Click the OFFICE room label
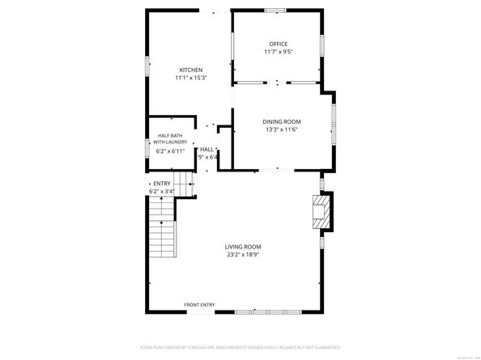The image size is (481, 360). pyautogui.click(x=278, y=44)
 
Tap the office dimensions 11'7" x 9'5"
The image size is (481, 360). pyautogui.click(x=278, y=52)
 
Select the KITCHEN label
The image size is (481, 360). pyautogui.click(x=191, y=70)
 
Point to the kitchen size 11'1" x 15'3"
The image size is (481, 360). pyautogui.click(x=191, y=78)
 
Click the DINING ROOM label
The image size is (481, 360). pyautogui.click(x=281, y=121)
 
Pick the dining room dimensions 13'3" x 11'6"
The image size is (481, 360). pyautogui.click(x=281, y=129)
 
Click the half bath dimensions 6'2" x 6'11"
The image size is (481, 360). pyautogui.click(x=170, y=150)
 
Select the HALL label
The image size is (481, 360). pyautogui.click(x=207, y=150)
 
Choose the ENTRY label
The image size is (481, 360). pyautogui.click(x=162, y=184)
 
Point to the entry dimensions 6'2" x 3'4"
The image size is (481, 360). pyautogui.click(x=162, y=192)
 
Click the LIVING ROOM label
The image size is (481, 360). pyautogui.click(x=243, y=247)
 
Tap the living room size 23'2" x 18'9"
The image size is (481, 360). pyautogui.click(x=243, y=255)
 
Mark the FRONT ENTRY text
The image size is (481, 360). pyautogui.click(x=199, y=305)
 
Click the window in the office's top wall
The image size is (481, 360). pyautogui.click(x=275, y=11)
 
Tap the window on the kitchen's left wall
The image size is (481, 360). pyautogui.click(x=147, y=67)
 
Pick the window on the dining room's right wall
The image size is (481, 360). pyautogui.click(x=333, y=121)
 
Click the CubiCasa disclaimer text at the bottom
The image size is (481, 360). pyautogui.click(x=240, y=347)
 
